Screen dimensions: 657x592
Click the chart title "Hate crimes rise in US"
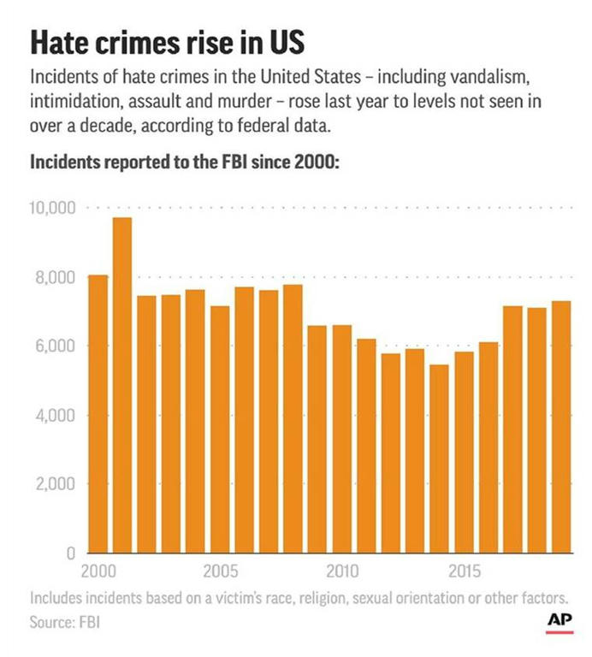pos(166,44)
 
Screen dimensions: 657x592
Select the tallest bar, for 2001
pos(122,385)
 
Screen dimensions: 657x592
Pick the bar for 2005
pos(220,429)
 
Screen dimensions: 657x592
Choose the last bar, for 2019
pos(560,427)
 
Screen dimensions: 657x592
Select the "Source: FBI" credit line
pos(65,621)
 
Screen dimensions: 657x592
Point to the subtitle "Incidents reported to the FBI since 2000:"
pos(186,163)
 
